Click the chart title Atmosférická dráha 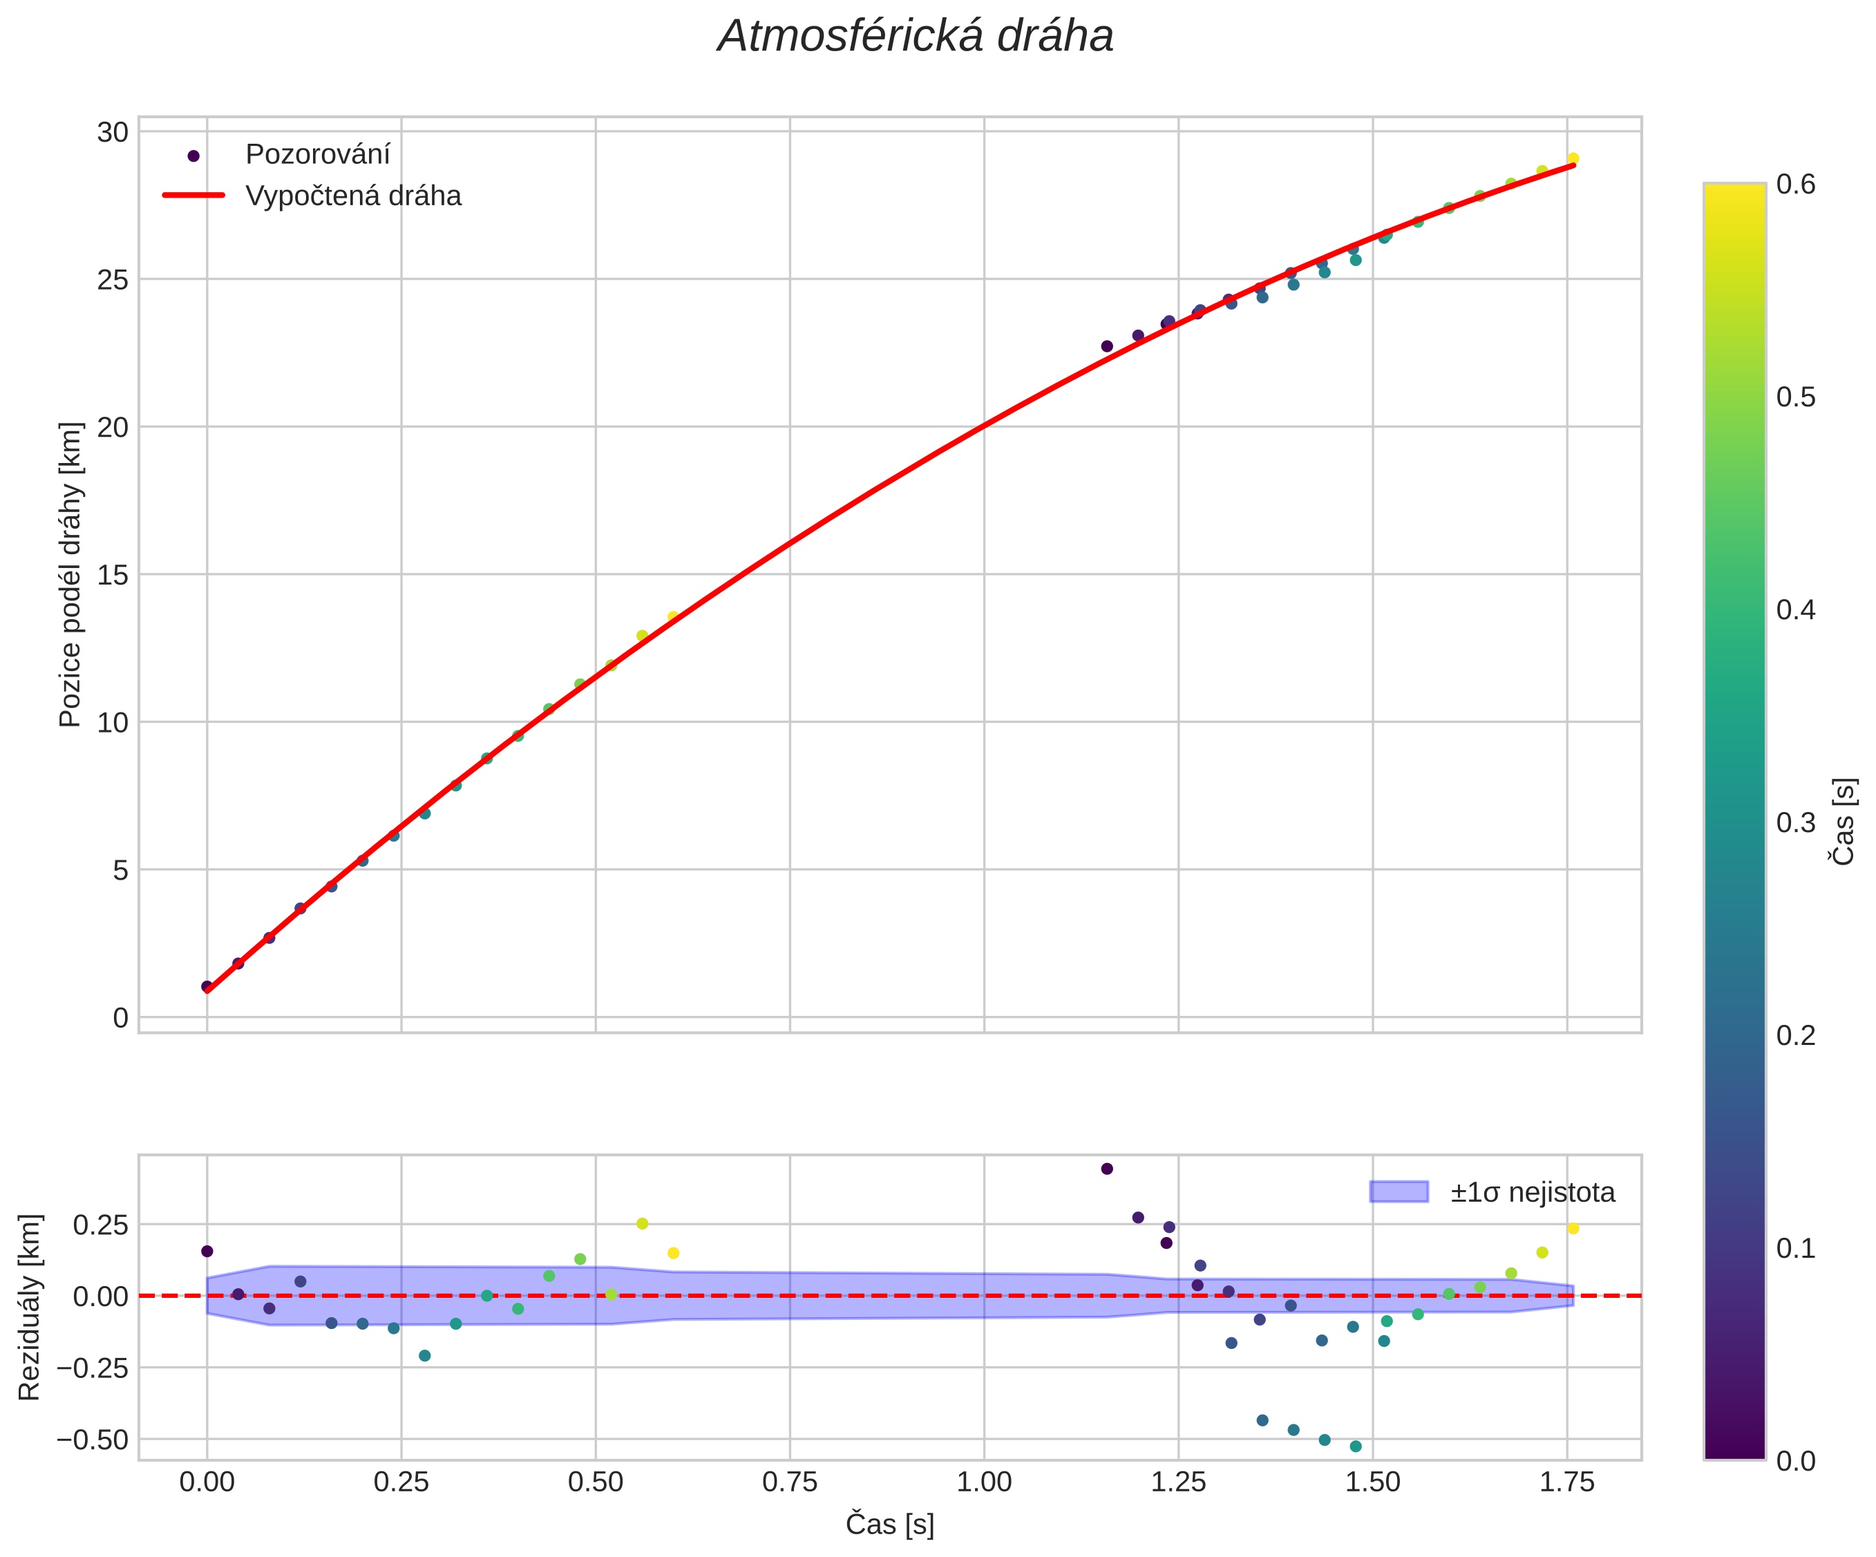(916, 37)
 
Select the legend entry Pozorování (317, 155)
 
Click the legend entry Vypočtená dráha (353, 196)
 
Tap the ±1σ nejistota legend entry (1532, 1193)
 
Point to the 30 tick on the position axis (113, 132)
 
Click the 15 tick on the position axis (113, 574)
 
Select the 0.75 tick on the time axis (790, 1482)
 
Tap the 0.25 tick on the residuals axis (100, 1225)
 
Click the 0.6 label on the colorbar (1796, 184)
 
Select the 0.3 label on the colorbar (1796, 822)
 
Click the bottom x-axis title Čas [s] (890, 1525)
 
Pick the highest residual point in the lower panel (1107, 1169)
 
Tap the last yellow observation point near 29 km (1573, 158)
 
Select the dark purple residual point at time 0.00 (207, 1251)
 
